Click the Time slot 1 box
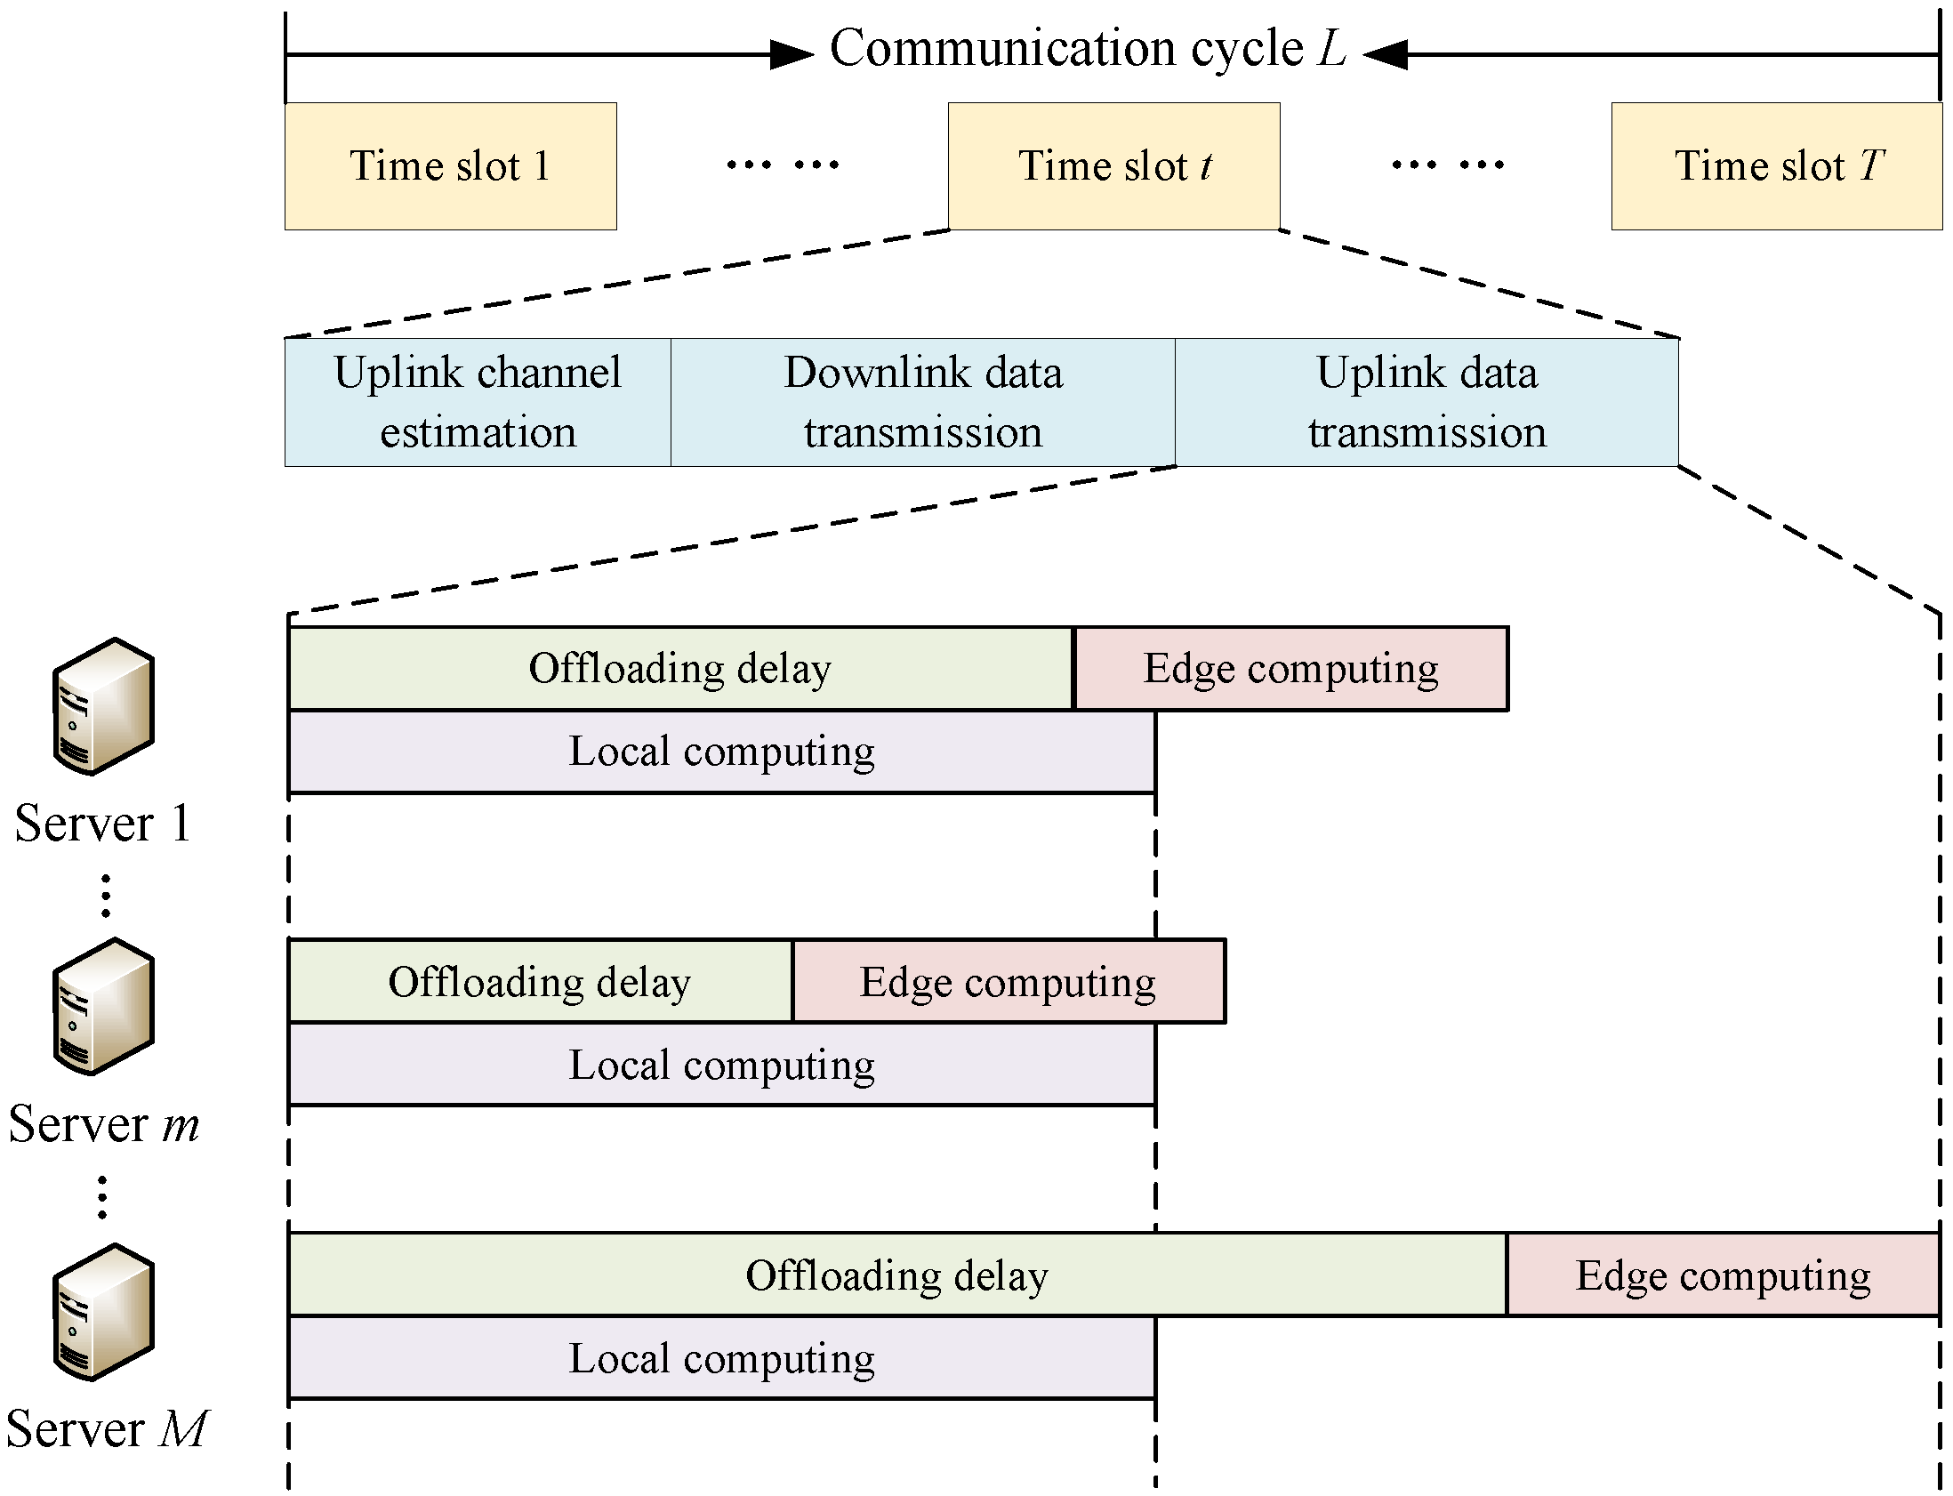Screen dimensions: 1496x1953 tap(450, 166)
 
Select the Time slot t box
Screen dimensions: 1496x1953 tap(1113, 166)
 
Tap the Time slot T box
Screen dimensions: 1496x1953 tap(1777, 166)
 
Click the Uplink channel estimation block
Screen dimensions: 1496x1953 tap(478, 402)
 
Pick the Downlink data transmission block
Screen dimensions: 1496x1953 tap(923, 402)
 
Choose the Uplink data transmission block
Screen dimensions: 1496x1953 tap(1427, 402)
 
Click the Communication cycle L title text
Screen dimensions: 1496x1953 tap(1088, 49)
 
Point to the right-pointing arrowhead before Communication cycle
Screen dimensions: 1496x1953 tap(791, 54)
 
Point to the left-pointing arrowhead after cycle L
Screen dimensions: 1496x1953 tap(1385, 54)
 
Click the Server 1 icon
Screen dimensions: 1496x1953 tap(103, 706)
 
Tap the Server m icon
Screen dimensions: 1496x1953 tap(103, 1006)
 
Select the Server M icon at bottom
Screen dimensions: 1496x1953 tap(103, 1313)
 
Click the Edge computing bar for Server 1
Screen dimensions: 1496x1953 tap(1290, 669)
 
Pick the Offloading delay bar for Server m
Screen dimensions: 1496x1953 tap(541, 981)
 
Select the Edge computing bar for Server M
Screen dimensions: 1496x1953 tap(1723, 1275)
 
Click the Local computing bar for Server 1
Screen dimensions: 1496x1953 tap(722, 752)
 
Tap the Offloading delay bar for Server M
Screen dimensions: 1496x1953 tap(897, 1275)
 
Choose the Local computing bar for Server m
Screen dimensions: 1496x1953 tap(722, 1065)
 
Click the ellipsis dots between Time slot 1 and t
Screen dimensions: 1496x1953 tap(783, 165)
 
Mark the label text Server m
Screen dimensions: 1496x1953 tap(103, 1125)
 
